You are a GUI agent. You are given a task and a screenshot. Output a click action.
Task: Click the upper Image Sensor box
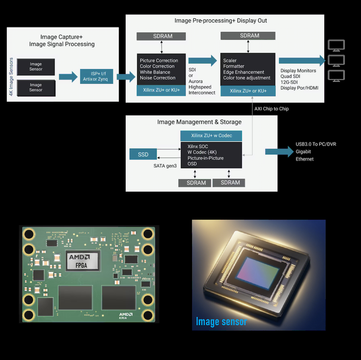tap(36, 67)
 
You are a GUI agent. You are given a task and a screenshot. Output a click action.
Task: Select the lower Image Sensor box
tap(36, 88)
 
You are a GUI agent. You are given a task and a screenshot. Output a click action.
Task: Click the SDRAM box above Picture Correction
tap(161, 36)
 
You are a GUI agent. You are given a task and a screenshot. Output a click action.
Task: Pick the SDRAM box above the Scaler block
tap(248, 35)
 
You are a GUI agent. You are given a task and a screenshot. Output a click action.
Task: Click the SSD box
tap(143, 154)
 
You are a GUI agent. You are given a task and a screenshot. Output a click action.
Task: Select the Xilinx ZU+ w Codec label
tap(212, 136)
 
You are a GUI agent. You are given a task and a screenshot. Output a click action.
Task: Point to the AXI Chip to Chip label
tap(271, 109)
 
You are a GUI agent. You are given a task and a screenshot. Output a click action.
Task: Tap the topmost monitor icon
tap(336, 45)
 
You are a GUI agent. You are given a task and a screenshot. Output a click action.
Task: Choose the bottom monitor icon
tap(336, 76)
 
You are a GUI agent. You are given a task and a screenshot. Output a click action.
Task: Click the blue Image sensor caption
tap(221, 321)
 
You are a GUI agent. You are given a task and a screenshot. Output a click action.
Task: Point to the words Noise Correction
tap(158, 78)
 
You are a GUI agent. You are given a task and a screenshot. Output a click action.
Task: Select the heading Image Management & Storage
tap(199, 122)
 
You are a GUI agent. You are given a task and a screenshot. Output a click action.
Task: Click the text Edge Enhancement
tap(244, 72)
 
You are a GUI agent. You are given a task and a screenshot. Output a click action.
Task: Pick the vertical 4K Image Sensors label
tap(11, 76)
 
